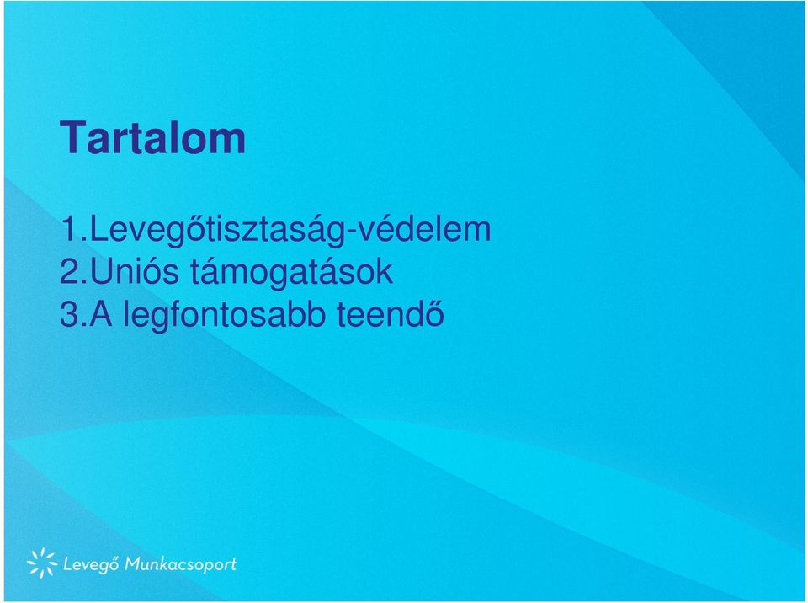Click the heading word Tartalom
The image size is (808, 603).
tap(153, 138)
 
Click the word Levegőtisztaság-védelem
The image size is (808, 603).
tap(290, 230)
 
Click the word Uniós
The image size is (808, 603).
tap(134, 271)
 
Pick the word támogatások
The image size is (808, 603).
tap(292, 271)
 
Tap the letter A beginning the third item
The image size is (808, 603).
tap(101, 315)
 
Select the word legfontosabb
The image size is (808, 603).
tap(225, 315)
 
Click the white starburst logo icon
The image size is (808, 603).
tap(42, 563)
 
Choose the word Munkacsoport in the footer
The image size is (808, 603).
tap(181, 564)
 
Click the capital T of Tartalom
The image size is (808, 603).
tap(72, 138)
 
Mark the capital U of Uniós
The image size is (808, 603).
tap(100, 272)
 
